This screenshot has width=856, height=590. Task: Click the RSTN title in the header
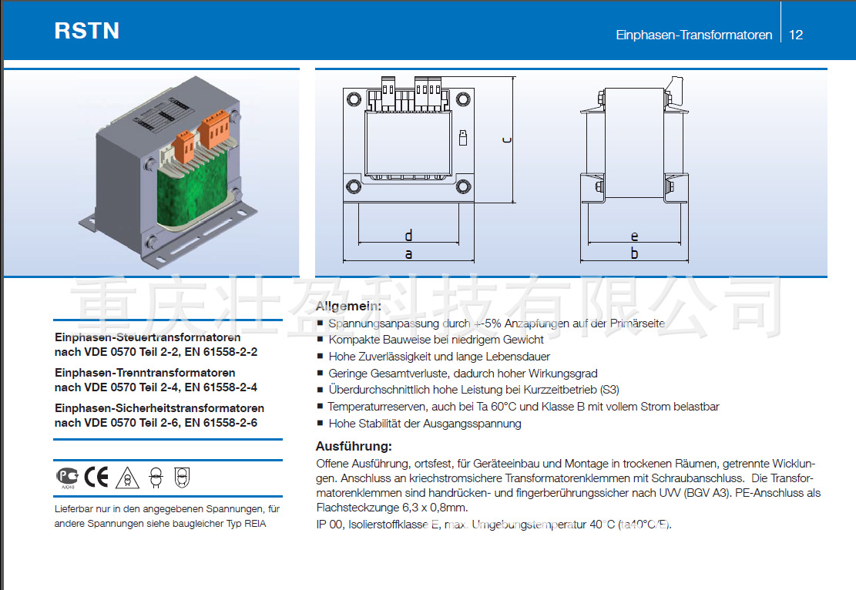(86, 30)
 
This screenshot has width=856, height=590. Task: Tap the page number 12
(797, 35)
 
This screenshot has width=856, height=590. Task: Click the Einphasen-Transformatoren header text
(693, 35)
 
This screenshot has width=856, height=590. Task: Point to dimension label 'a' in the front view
(408, 253)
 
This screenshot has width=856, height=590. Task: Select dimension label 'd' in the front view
(408, 235)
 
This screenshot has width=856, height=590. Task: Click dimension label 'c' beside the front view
(505, 139)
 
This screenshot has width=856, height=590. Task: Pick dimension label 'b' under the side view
(634, 253)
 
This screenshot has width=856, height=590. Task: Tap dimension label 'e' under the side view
(634, 236)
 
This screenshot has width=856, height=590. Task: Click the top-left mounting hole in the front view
(354, 99)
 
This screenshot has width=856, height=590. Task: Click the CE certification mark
(97, 478)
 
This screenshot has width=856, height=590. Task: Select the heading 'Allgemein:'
(348, 306)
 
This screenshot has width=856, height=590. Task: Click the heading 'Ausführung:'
(354, 446)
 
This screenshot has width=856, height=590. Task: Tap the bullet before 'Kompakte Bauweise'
(320, 340)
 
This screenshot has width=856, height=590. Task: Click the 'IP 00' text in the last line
(329, 525)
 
